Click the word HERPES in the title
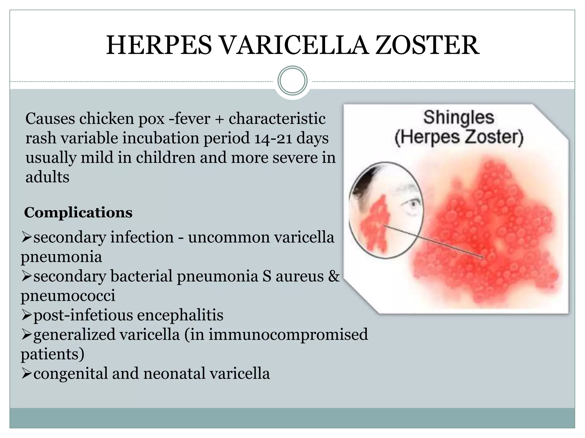tap(159, 46)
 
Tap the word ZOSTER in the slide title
tap(427, 46)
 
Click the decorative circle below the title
tap(292, 81)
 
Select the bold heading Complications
tap(78, 212)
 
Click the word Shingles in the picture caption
tap(458, 117)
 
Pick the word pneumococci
tap(68, 296)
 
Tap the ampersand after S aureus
tap(334, 276)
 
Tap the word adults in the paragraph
tap(47, 177)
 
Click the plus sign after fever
tap(219, 119)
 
